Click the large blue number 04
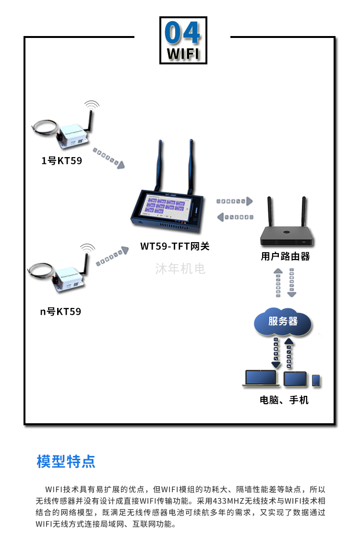pos(182,33)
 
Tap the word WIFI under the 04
pos(183,53)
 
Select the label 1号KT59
pos(61,161)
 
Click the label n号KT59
pos(60,311)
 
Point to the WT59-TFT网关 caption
pos(175,246)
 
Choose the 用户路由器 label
pos(285,257)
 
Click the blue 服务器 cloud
pos(283,321)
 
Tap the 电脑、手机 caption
pos(284,400)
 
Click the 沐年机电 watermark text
pos(180,269)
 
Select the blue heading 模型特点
pos(66,461)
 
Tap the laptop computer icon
pos(261,378)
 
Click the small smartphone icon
pos(316,380)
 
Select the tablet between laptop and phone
pos(294,379)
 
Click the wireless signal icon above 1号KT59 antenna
pos(91,104)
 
